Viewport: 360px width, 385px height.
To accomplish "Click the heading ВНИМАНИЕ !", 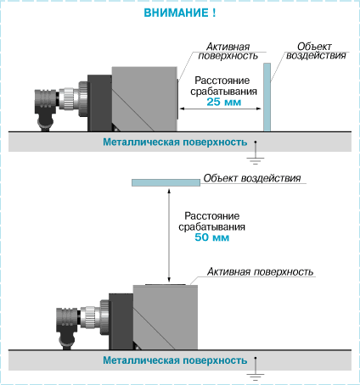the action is [x=180, y=13].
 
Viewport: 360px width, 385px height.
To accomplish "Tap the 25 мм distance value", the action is [x=224, y=102].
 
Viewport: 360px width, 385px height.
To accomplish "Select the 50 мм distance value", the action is [x=212, y=237].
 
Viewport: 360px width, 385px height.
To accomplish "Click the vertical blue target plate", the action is [x=267, y=98].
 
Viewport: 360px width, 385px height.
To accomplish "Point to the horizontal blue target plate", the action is [x=166, y=182].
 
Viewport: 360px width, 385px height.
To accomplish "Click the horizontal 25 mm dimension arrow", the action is [x=220, y=109].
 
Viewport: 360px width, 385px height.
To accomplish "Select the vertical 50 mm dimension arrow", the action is [x=169, y=236].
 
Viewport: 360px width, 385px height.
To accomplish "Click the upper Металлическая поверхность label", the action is [x=175, y=142].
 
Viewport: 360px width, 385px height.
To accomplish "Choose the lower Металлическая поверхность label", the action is [x=175, y=360].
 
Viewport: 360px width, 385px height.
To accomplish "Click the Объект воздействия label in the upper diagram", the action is [x=316, y=51].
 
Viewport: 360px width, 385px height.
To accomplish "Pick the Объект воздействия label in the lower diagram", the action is [x=252, y=178].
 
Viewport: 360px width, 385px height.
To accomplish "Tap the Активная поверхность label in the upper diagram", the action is [x=228, y=51].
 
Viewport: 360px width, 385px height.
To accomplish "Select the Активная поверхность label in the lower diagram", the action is [x=261, y=271].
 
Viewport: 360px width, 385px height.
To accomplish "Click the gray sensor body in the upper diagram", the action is [x=144, y=99].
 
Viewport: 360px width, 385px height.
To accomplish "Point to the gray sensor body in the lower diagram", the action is [x=166, y=317].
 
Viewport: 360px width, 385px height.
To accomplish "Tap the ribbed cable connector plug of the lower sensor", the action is [x=67, y=321].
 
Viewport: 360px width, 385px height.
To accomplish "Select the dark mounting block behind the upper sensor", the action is [x=99, y=103].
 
